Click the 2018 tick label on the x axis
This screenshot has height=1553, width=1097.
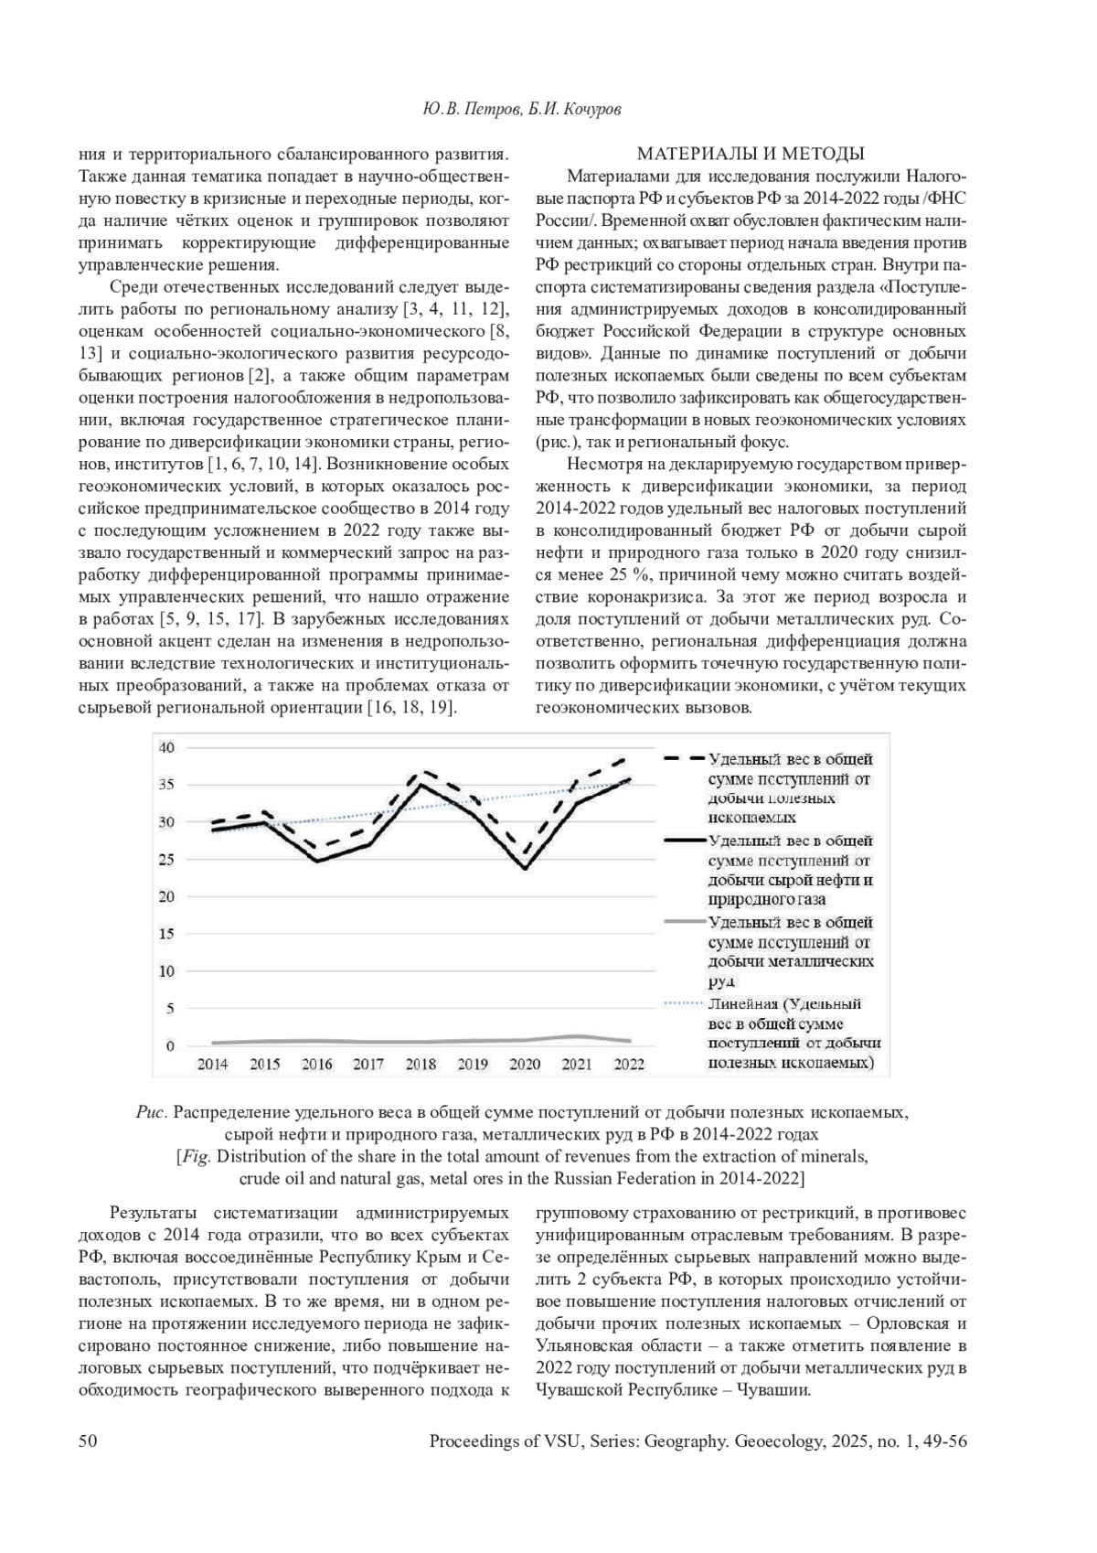(x=421, y=1064)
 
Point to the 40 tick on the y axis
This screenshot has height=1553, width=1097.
(x=166, y=747)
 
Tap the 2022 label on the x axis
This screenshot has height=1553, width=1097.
(x=629, y=1064)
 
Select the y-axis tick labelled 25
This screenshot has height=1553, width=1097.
(x=166, y=859)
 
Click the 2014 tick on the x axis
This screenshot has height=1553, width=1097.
(x=212, y=1064)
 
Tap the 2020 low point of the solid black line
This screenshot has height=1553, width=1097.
(x=525, y=868)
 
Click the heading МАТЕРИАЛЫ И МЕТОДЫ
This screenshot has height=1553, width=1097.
(x=751, y=153)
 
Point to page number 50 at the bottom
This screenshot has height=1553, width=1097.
(x=88, y=1441)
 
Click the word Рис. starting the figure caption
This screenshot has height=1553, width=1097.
(x=149, y=1113)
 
